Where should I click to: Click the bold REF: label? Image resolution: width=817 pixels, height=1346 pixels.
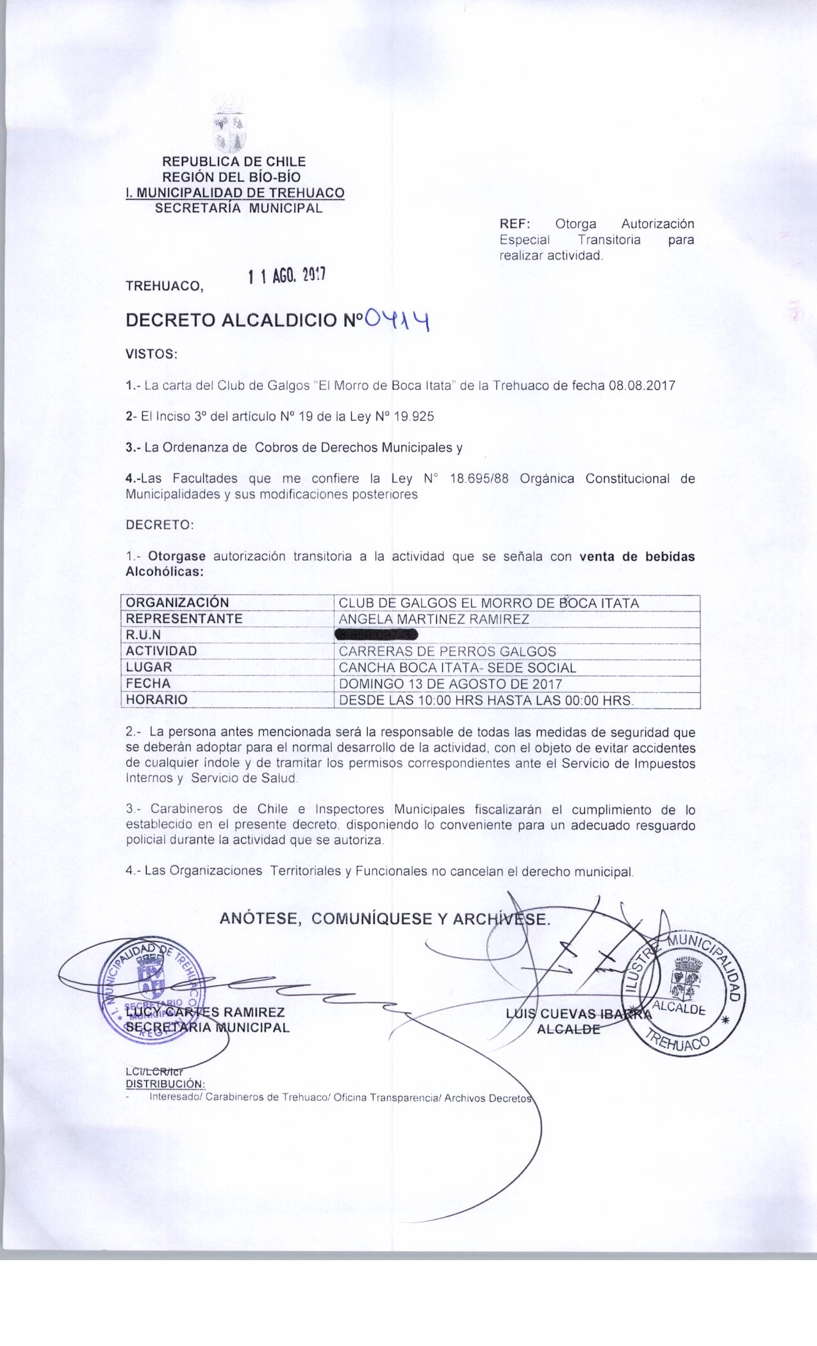click(x=515, y=224)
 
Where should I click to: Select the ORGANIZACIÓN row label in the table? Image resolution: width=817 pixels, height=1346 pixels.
click(x=177, y=602)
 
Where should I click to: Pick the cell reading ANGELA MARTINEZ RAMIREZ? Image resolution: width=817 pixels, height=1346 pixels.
click(x=434, y=619)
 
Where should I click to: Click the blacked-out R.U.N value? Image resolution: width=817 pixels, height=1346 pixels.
click(x=376, y=635)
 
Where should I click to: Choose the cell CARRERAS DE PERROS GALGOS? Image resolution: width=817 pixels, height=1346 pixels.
click(x=447, y=651)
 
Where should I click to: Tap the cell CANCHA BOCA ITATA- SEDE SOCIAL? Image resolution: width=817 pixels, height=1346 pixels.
click(x=457, y=667)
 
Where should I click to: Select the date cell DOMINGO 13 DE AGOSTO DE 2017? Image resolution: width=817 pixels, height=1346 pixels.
click(x=450, y=683)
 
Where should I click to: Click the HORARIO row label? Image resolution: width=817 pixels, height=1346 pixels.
click(x=157, y=700)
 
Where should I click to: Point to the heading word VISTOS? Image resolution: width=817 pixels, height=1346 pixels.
click(x=151, y=354)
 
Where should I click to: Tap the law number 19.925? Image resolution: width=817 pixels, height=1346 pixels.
click(x=413, y=417)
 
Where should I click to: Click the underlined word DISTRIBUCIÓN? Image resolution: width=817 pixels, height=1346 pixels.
click(x=165, y=1084)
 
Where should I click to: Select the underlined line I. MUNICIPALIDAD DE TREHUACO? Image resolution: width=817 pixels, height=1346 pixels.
click(x=235, y=193)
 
